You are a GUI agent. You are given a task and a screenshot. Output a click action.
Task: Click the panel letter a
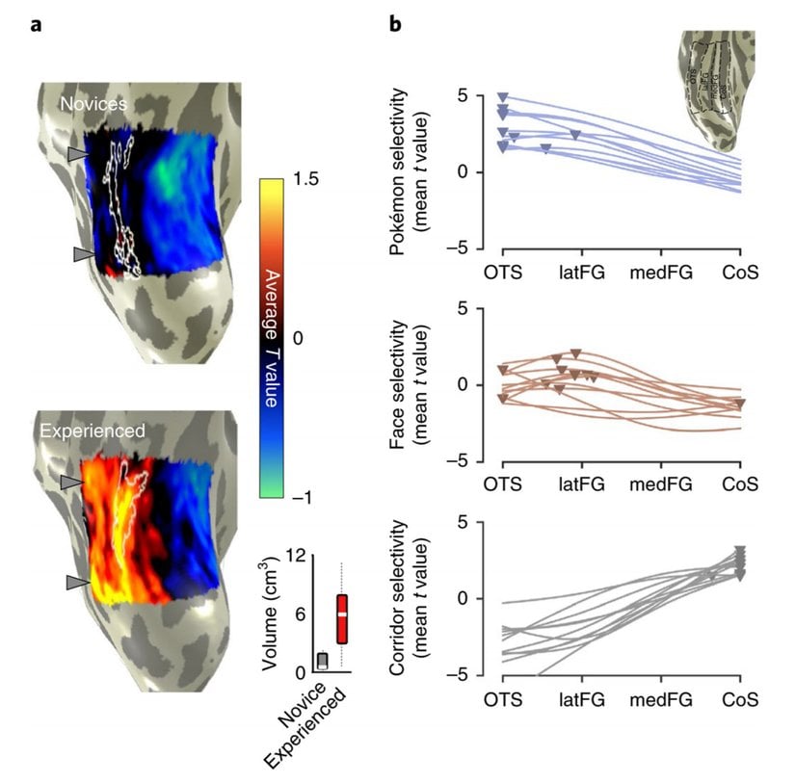[36, 24]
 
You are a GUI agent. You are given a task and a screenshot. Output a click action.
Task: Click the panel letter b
[395, 24]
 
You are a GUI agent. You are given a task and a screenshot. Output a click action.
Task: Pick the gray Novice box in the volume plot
[322, 661]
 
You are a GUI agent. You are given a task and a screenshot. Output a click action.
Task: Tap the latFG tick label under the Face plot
[581, 484]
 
